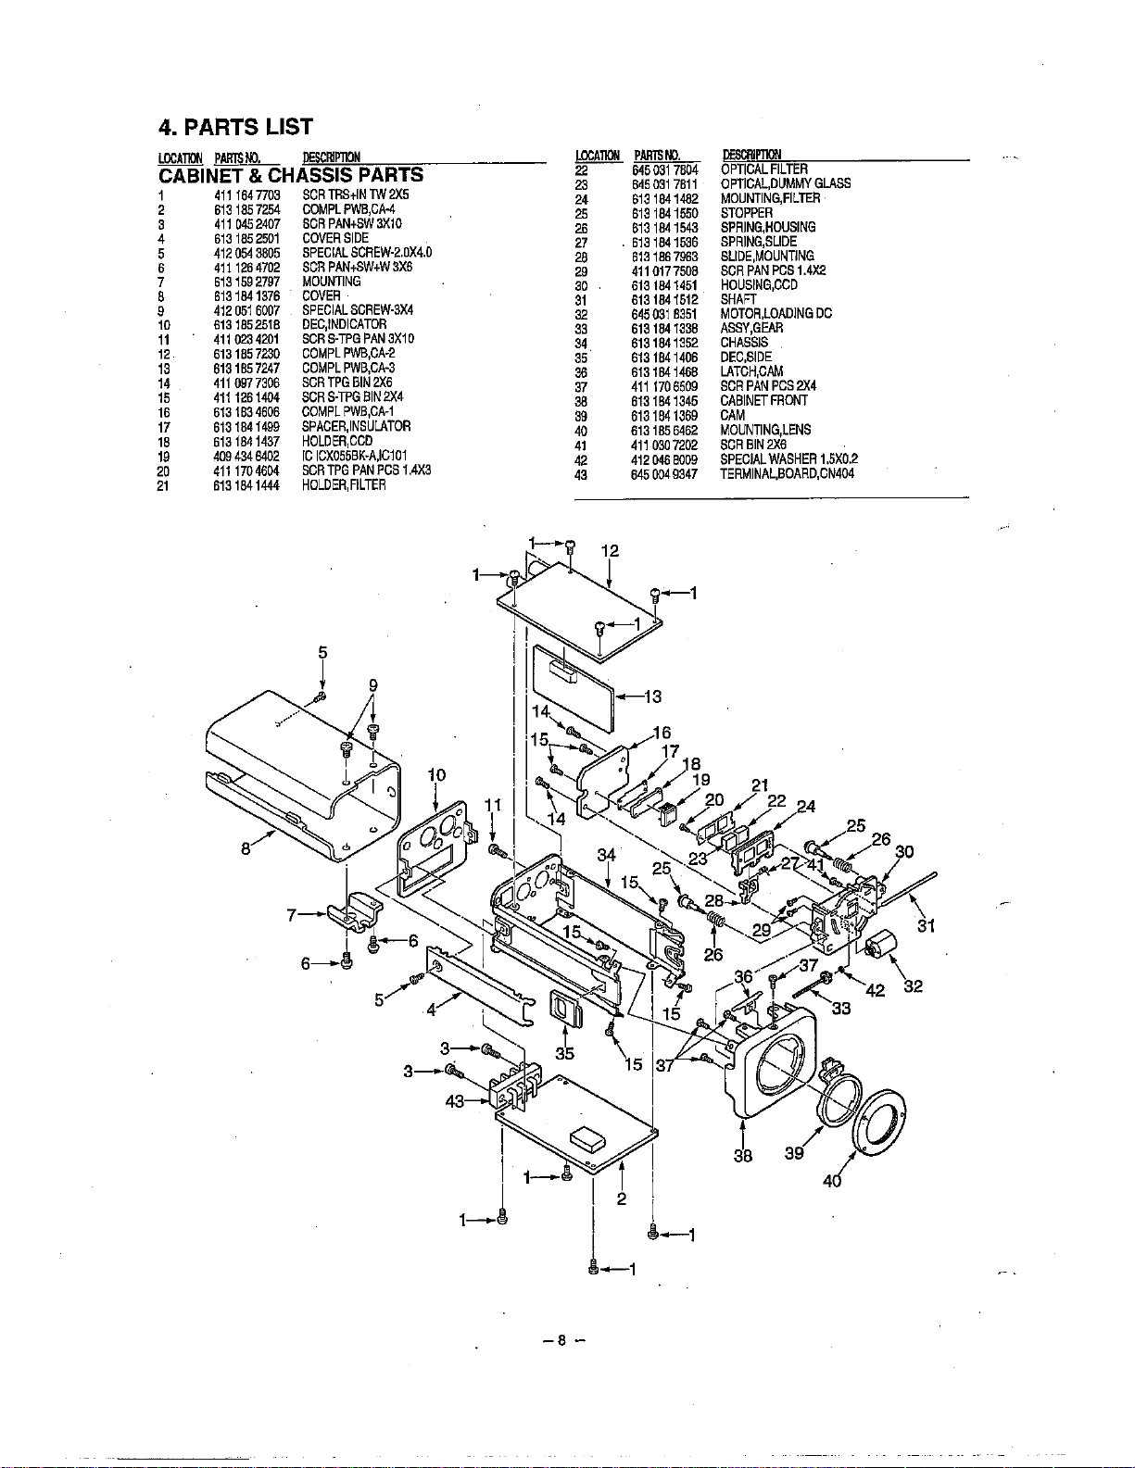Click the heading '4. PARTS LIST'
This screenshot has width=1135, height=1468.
(235, 127)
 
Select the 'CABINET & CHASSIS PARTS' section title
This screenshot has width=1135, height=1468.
(291, 175)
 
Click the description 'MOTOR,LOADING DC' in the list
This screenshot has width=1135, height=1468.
(776, 314)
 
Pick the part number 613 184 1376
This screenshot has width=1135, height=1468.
(246, 295)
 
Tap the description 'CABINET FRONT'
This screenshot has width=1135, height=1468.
(763, 401)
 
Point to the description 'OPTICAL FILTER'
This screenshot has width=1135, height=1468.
(764, 169)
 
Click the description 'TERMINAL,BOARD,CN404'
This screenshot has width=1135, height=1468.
(787, 473)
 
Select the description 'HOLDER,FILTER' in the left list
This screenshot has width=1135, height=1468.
(344, 484)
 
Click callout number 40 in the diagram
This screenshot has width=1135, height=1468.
(832, 1181)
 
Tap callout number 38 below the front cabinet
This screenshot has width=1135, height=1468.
(743, 1155)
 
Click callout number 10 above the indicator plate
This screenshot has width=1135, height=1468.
(436, 774)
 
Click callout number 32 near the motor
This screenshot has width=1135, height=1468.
(913, 986)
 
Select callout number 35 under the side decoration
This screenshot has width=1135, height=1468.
(564, 1053)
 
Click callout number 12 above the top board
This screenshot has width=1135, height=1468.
(610, 550)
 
